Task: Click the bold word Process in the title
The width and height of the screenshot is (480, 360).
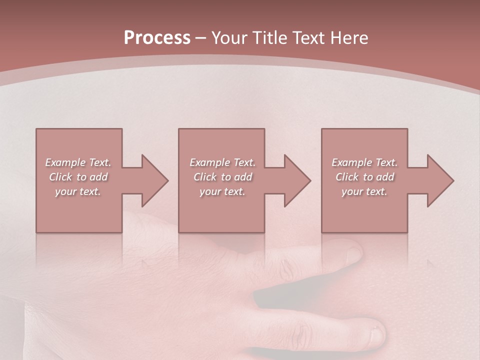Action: coord(157,38)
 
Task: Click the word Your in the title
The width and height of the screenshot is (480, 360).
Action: coord(230,38)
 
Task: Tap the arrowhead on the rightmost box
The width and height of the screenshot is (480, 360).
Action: coord(439,180)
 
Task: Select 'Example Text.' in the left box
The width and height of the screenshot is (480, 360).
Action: coord(78,162)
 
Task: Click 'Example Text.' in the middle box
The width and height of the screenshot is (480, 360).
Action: coord(222,162)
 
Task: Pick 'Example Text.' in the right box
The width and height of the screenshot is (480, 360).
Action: coord(364,162)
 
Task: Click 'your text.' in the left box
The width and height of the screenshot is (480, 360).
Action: coord(78,191)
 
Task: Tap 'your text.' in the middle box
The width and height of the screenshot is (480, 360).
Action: coord(222,191)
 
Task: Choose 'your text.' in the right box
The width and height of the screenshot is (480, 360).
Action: coord(364,191)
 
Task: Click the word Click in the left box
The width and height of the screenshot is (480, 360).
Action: coord(60,177)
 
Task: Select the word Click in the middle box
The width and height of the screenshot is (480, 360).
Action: coord(205,177)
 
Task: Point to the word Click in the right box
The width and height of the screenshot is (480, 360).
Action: coord(347,177)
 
